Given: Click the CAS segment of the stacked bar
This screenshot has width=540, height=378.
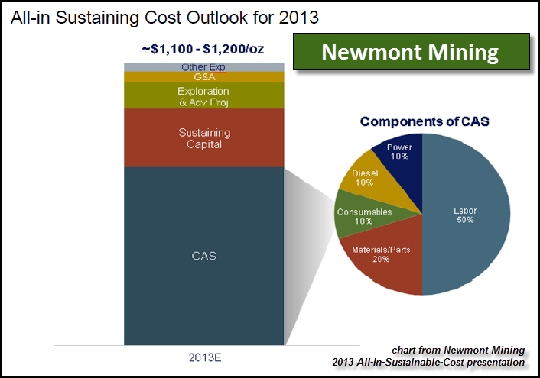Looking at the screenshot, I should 203,256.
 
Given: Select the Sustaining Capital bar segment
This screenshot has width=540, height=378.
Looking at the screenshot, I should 203,138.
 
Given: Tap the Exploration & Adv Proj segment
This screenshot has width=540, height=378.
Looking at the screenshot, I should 203,96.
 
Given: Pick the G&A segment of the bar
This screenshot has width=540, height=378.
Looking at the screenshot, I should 203,77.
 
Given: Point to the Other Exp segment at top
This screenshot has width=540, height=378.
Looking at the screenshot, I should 203,67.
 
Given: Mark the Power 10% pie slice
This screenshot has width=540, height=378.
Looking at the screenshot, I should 398,151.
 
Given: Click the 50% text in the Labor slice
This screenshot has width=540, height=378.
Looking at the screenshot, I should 465,220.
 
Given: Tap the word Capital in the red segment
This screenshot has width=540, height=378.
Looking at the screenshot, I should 203,144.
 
